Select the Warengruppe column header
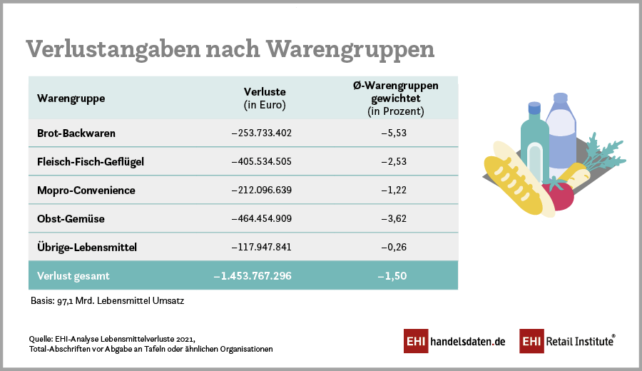[71, 98]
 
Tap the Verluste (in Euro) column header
[265, 98]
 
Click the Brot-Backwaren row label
[76, 133]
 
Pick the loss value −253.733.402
[262, 133]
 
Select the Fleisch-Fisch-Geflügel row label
[91, 161]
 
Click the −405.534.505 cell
[262, 161]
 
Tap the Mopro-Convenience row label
[86, 190]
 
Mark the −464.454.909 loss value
[262, 218]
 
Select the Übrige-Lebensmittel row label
[87, 247]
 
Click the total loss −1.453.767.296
[253, 275]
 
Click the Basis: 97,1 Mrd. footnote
[107, 301]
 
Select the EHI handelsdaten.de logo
[454, 341]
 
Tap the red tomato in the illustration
[559, 195]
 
